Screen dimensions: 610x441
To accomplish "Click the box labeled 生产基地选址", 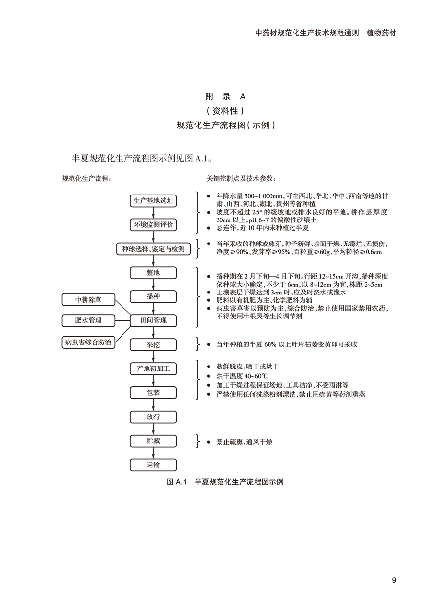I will click(153, 201).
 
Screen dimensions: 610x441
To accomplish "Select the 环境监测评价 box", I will click(153, 225).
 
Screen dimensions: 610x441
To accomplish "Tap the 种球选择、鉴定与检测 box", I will click(153, 249).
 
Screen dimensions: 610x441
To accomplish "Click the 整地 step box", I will click(153, 273).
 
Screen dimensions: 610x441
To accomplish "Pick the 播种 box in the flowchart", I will click(153, 297).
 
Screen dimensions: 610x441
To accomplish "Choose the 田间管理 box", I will click(153, 320).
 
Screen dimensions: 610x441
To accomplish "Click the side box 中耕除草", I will click(88, 299).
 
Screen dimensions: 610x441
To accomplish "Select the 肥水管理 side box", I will click(88, 320).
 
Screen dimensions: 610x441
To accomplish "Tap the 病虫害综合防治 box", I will click(88, 342).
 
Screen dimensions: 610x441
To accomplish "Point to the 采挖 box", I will click(153, 344).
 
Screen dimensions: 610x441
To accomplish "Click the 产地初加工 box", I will click(153, 368).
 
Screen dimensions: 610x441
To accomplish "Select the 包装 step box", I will click(153, 392).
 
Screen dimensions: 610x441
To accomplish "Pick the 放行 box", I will click(153, 416).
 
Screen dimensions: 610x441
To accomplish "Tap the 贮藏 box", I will click(153, 440).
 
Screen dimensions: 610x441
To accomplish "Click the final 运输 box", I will click(153, 464).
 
